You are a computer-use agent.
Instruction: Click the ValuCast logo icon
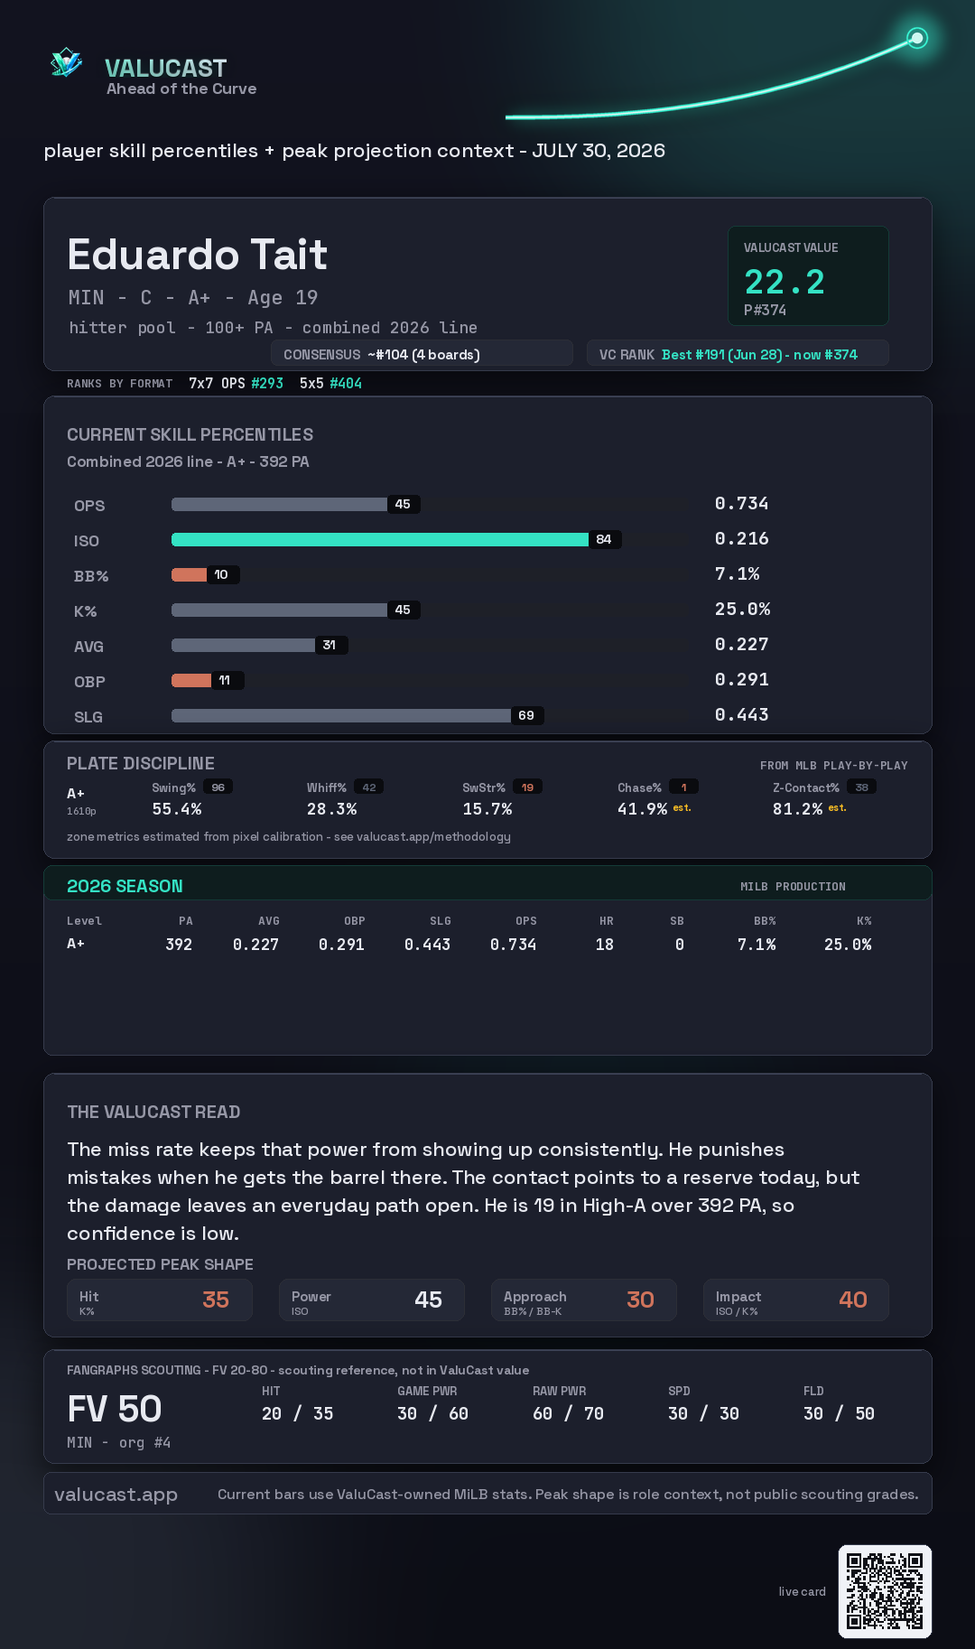(66, 62)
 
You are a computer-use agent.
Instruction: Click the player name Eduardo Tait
(197, 255)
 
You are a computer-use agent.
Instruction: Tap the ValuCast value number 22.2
(785, 282)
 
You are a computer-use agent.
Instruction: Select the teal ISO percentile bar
(380, 539)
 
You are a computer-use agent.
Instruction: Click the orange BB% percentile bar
(189, 574)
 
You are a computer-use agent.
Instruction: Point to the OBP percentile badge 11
(225, 680)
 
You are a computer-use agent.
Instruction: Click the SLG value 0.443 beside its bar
(741, 714)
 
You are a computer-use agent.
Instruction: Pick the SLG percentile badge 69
(526, 715)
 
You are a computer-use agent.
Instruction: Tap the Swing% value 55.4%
(177, 809)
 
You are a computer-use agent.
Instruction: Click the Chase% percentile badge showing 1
(683, 787)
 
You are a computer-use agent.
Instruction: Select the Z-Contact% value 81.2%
(797, 809)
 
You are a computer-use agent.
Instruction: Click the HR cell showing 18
(605, 945)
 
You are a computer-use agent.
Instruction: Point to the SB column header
(677, 921)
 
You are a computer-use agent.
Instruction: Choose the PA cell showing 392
(179, 945)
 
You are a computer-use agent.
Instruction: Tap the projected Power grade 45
(428, 1300)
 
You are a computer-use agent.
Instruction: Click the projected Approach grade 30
(640, 1300)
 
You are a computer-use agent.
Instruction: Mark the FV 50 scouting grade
(115, 1409)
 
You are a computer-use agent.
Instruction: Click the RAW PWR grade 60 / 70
(568, 1413)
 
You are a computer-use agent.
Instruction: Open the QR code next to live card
(885, 1591)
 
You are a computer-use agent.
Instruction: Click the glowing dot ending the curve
(917, 38)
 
